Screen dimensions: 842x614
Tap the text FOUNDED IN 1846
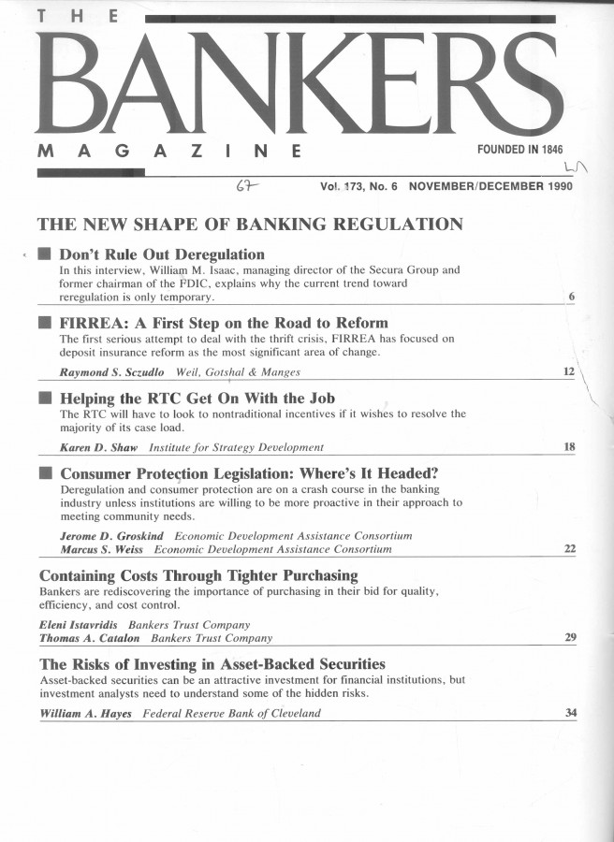tap(520, 150)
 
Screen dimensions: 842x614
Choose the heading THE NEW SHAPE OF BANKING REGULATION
tap(249, 225)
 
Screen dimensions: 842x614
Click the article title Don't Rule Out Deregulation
tap(162, 254)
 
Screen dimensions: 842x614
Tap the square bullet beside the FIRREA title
tap(44, 324)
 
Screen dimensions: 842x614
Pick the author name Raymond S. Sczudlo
tap(112, 372)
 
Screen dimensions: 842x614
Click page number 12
tap(568, 372)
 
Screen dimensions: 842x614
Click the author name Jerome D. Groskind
tap(112, 536)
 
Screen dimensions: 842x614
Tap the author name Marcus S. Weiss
tap(102, 549)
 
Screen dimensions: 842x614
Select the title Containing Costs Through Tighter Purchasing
tap(198, 574)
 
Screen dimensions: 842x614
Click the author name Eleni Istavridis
tap(79, 624)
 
